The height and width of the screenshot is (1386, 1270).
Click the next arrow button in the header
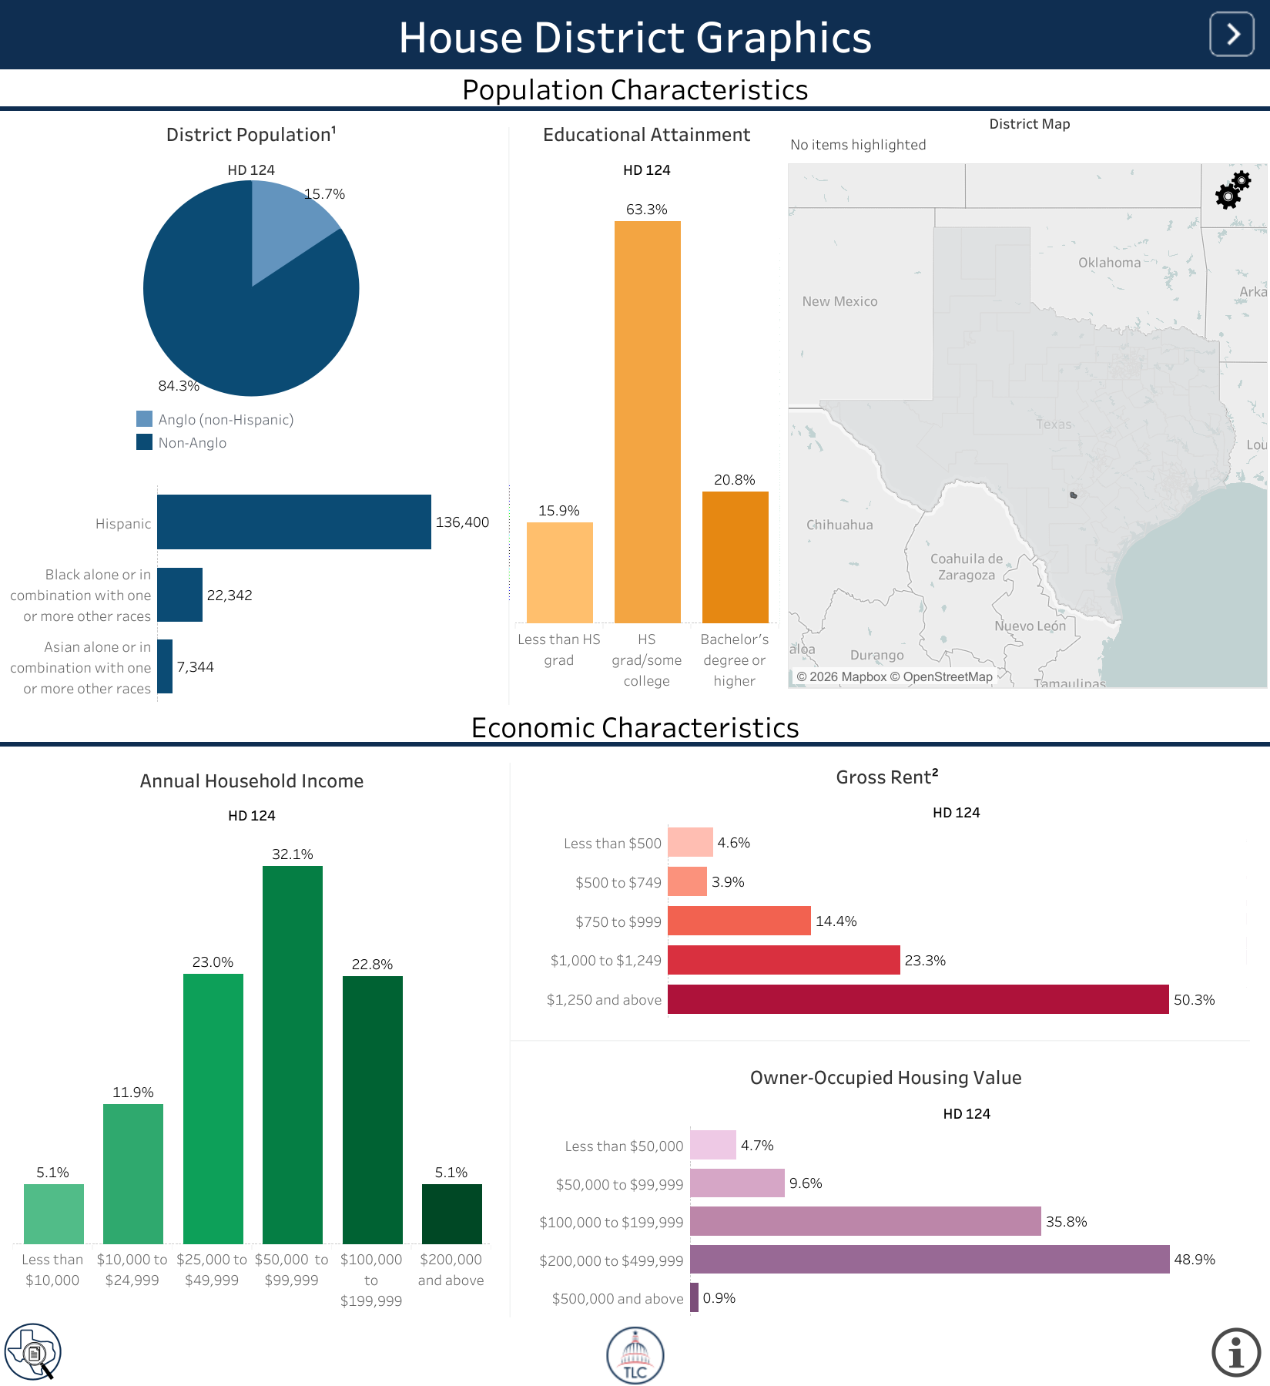click(1231, 35)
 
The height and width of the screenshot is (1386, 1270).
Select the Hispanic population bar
click(294, 522)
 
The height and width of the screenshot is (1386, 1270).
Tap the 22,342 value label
click(230, 596)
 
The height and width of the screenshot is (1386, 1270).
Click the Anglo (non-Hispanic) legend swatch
click(144, 419)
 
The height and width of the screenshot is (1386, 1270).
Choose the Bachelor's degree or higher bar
click(736, 557)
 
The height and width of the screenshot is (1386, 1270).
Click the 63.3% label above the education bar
click(647, 210)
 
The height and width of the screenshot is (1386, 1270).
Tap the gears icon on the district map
click(1233, 190)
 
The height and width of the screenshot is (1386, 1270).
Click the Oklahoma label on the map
click(1109, 263)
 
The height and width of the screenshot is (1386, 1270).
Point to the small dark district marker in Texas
click(1074, 495)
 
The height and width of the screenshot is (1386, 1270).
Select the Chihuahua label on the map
click(839, 525)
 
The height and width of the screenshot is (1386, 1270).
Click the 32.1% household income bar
click(293, 1055)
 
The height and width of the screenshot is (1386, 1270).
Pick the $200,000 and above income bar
click(452, 1214)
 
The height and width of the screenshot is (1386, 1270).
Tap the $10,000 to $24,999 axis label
click(132, 1270)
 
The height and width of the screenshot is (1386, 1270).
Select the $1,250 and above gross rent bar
click(918, 999)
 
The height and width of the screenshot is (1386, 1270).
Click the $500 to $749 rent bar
click(687, 881)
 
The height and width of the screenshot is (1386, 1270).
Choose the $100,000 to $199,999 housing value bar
click(866, 1221)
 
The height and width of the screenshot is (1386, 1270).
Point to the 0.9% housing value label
click(719, 1298)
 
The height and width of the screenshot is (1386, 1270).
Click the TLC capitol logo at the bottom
click(635, 1355)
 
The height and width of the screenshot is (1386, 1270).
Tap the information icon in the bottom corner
click(1236, 1352)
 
